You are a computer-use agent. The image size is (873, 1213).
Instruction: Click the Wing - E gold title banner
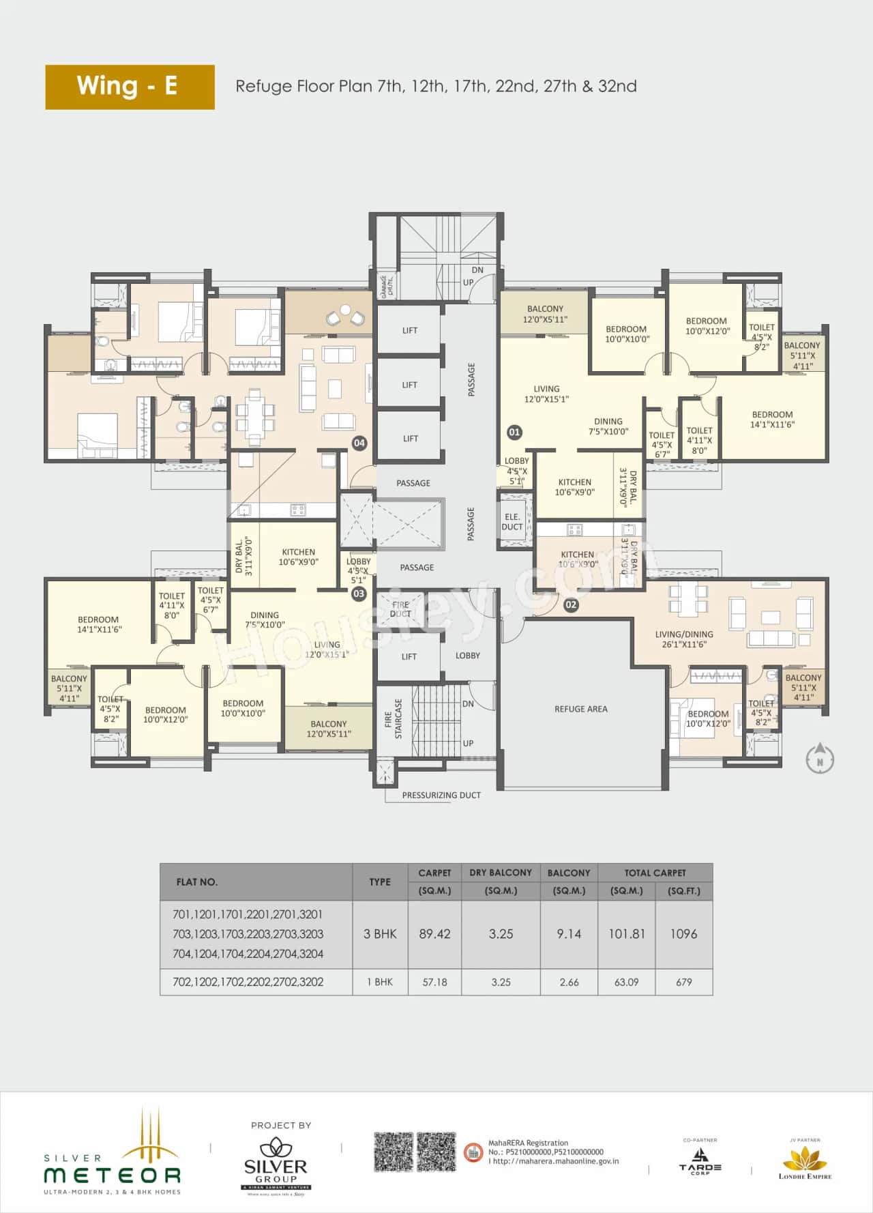click(130, 87)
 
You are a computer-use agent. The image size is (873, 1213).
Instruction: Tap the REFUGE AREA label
click(580, 709)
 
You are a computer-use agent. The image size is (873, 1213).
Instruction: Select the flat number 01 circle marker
click(514, 432)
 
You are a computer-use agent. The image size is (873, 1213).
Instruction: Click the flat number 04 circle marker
click(359, 443)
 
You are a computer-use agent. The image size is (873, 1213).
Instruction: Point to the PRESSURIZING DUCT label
click(441, 795)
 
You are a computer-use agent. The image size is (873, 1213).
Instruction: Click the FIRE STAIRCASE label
click(394, 719)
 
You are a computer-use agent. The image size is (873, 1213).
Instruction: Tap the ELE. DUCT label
click(512, 522)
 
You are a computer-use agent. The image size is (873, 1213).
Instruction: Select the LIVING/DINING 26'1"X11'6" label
click(684, 639)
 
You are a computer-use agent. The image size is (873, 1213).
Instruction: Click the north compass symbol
click(820, 760)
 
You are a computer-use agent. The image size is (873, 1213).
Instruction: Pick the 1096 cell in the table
click(683, 934)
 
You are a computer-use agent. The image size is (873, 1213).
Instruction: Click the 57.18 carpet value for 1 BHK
click(434, 982)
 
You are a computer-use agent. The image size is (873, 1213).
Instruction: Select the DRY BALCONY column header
click(501, 873)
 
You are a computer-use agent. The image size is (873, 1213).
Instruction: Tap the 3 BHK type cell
click(380, 934)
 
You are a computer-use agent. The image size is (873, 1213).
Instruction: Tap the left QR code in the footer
click(394, 1152)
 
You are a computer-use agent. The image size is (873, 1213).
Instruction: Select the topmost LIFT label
click(410, 330)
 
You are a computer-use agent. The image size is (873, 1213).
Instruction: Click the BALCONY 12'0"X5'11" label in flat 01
click(545, 314)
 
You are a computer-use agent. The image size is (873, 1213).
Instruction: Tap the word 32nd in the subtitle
click(617, 86)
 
